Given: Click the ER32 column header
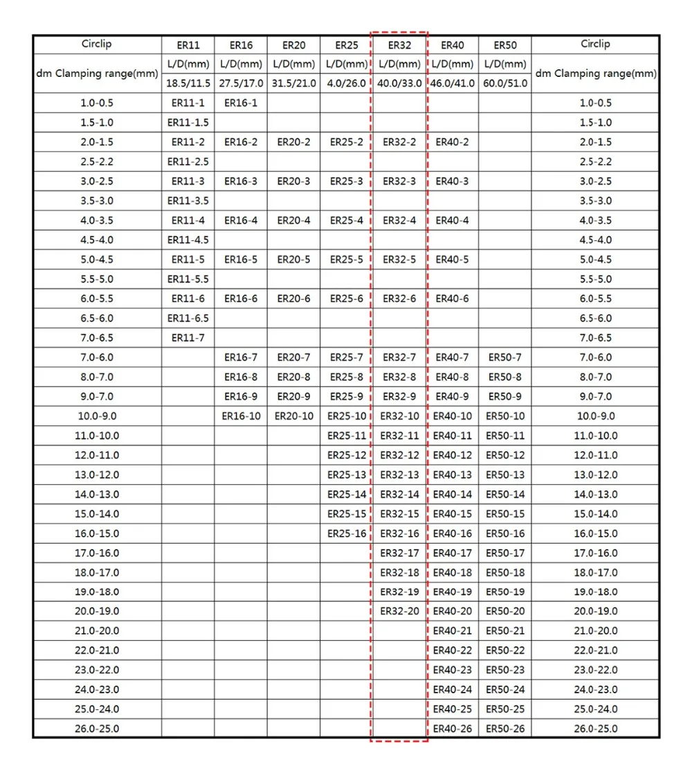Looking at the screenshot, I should click(399, 45).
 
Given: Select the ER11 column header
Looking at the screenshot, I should click(188, 45).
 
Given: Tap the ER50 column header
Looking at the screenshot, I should click(505, 45).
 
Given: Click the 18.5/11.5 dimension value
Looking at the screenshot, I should click(188, 84).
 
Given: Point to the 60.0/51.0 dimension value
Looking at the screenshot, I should click(505, 84).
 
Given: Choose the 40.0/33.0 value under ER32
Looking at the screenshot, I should click(399, 84).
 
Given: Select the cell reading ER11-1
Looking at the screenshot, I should click(188, 103).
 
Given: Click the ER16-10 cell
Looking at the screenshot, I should click(241, 416).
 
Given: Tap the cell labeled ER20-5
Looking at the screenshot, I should click(293, 260).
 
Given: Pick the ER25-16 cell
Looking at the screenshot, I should click(347, 533).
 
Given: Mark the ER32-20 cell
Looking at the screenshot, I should click(399, 612).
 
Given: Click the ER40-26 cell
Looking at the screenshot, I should click(452, 729).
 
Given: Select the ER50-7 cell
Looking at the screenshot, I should click(505, 357).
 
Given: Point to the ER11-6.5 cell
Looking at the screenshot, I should click(188, 319).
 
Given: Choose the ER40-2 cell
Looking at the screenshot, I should click(452, 143).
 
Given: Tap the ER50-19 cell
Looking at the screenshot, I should click(505, 592).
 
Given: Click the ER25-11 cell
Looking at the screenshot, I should click(347, 436).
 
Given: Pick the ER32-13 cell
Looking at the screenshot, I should click(399, 475).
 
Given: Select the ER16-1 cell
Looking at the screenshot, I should click(241, 103).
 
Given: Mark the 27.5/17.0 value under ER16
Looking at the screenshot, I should click(241, 84).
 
